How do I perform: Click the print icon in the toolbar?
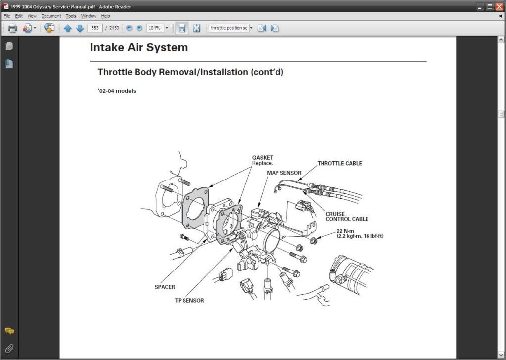pos(12,28)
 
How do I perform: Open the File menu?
pos(7,16)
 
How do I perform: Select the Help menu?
pos(105,16)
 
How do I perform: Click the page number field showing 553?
pos(94,28)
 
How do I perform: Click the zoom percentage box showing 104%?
pos(154,28)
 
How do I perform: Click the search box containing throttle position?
pos(229,28)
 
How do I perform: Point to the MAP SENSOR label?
pos(284,173)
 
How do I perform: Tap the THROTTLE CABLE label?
pos(339,163)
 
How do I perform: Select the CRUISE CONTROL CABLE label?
pos(346,217)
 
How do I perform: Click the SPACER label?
pos(165,287)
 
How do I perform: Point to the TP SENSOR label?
pos(189,300)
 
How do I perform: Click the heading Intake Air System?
pos(139,48)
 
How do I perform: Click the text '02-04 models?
pos(117,91)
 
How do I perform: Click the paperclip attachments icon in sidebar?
pos(9,349)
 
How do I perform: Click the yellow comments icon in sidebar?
pos(9,331)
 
